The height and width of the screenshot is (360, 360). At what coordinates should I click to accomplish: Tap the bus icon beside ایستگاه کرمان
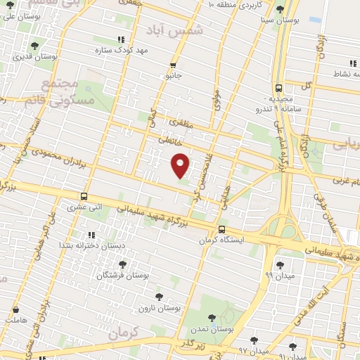[222, 229]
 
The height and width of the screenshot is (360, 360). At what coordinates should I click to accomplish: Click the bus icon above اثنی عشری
[84, 197]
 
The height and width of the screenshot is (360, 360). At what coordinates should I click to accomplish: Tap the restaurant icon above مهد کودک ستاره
[120, 39]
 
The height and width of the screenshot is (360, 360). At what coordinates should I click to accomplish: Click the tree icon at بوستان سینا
[281, 9]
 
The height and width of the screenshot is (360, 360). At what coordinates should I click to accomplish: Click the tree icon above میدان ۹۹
[281, 265]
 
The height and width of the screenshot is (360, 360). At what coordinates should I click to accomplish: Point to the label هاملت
[15, 320]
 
